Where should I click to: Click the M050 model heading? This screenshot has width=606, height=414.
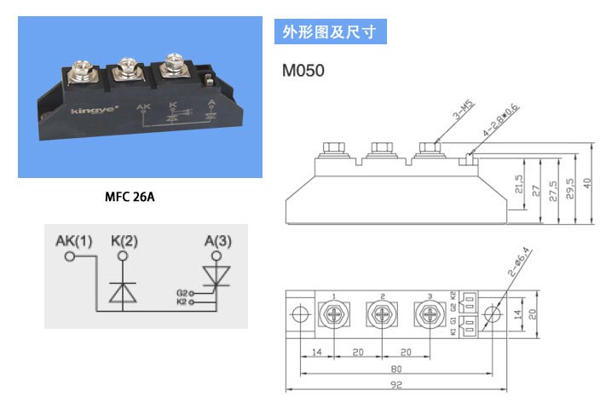(303, 72)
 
